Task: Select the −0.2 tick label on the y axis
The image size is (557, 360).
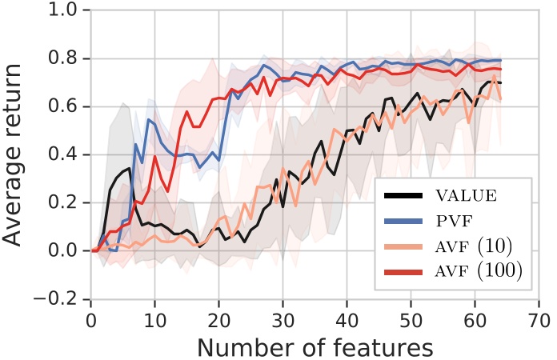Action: click(x=60, y=298)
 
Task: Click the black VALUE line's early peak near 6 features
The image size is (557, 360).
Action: click(x=128, y=167)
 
